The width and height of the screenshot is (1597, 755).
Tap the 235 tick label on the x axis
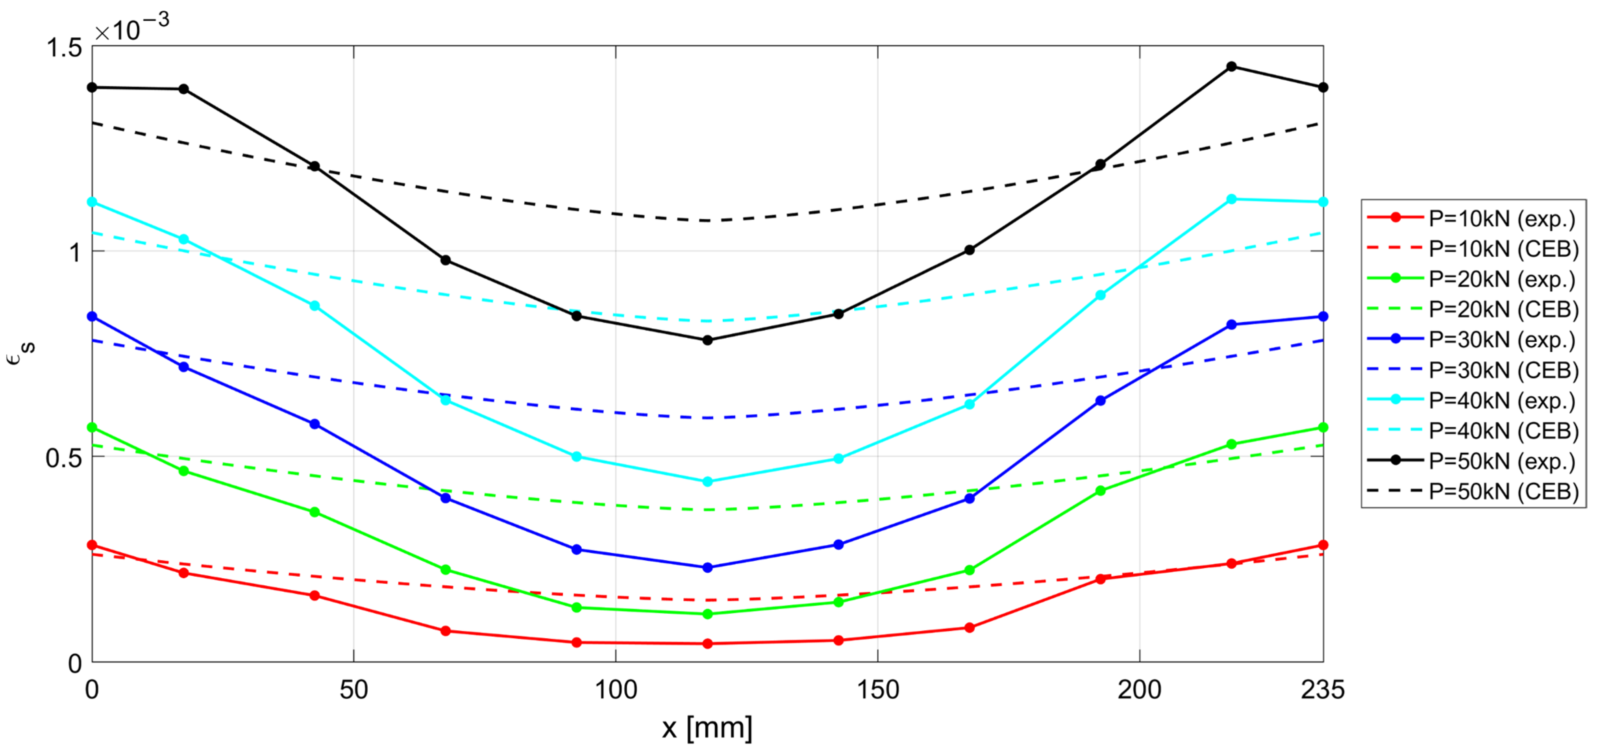pos(1322,690)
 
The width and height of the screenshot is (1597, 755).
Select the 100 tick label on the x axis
pos(616,690)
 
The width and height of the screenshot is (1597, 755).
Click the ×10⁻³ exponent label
pos(131,27)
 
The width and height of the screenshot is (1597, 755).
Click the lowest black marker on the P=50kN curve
pos(707,340)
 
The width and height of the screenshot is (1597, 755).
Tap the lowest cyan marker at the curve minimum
pos(707,482)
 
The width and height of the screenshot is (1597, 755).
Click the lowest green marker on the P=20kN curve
pos(707,614)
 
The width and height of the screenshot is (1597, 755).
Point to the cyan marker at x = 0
pos(93,202)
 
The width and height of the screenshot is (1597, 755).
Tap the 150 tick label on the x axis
pos(878,690)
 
